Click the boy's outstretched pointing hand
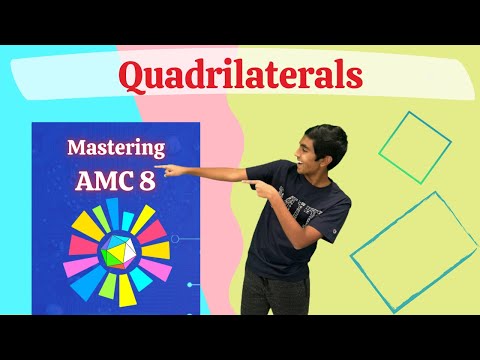(172, 169)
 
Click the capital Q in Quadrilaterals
(131, 75)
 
